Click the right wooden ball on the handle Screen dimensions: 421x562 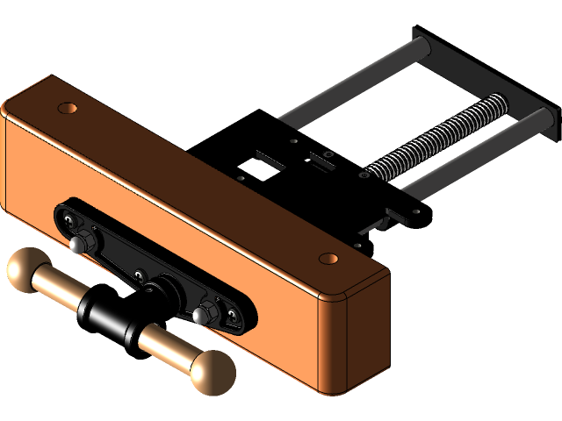click(x=212, y=373)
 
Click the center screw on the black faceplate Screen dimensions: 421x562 click(x=139, y=276)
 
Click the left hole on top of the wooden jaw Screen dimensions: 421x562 click(x=66, y=109)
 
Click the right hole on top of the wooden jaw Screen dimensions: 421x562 click(x=328, y=259)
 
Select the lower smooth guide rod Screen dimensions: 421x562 click(x=465, y=158)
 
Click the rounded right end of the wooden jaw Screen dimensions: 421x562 click(x=369, y=333)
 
